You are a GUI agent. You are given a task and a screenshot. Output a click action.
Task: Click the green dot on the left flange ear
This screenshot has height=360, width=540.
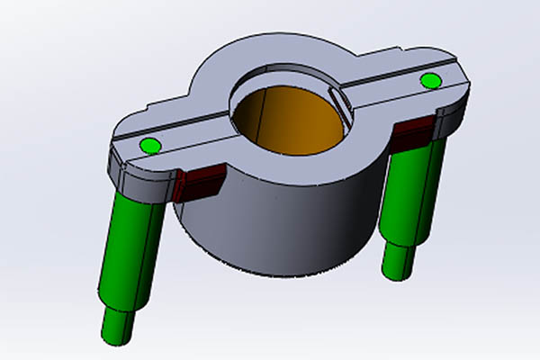point(150,145)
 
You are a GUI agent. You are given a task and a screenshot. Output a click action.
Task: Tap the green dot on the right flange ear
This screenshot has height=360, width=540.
point(431,82)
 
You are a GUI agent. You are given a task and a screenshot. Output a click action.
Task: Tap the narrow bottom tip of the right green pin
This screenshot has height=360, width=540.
point(396,261)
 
